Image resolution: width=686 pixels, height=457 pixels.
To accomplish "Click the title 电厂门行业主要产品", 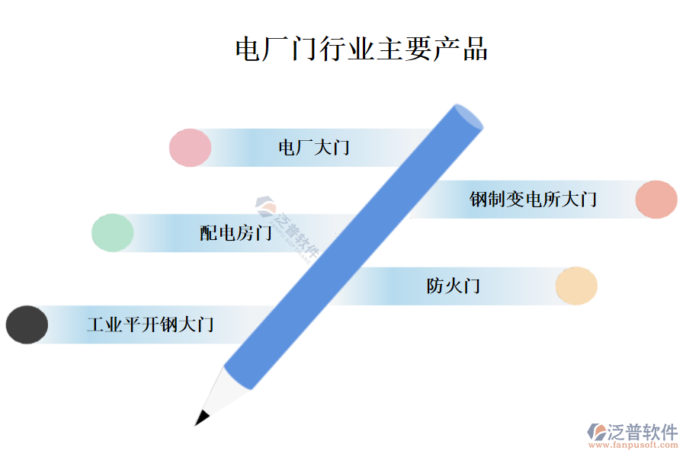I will pos(361,49).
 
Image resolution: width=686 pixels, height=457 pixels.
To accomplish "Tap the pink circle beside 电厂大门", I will pos(190,148).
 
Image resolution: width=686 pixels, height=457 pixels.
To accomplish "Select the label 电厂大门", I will pos(313,147).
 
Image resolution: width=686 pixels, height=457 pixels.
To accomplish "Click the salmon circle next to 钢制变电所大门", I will pos(656,200).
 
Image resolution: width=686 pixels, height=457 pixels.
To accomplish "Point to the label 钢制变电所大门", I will pos(533,200).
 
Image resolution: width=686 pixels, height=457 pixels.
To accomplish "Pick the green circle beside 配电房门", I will pos(113,232).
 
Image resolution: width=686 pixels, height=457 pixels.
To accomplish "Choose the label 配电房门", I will pos(236,233).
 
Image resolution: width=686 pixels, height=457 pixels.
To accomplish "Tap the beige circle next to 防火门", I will pos(576,286).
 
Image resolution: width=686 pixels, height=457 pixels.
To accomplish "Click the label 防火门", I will pos(453,286).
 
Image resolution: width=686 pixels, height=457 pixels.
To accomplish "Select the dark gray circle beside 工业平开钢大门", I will pos(27,324).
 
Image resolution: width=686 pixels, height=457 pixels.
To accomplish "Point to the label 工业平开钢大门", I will pos(150,325).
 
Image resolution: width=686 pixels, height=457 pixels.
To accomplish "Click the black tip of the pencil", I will pos(202,417).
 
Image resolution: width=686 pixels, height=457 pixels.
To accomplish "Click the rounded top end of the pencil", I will pos(466,117).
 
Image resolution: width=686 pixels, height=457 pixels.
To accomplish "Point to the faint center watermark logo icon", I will pos(266,206).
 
